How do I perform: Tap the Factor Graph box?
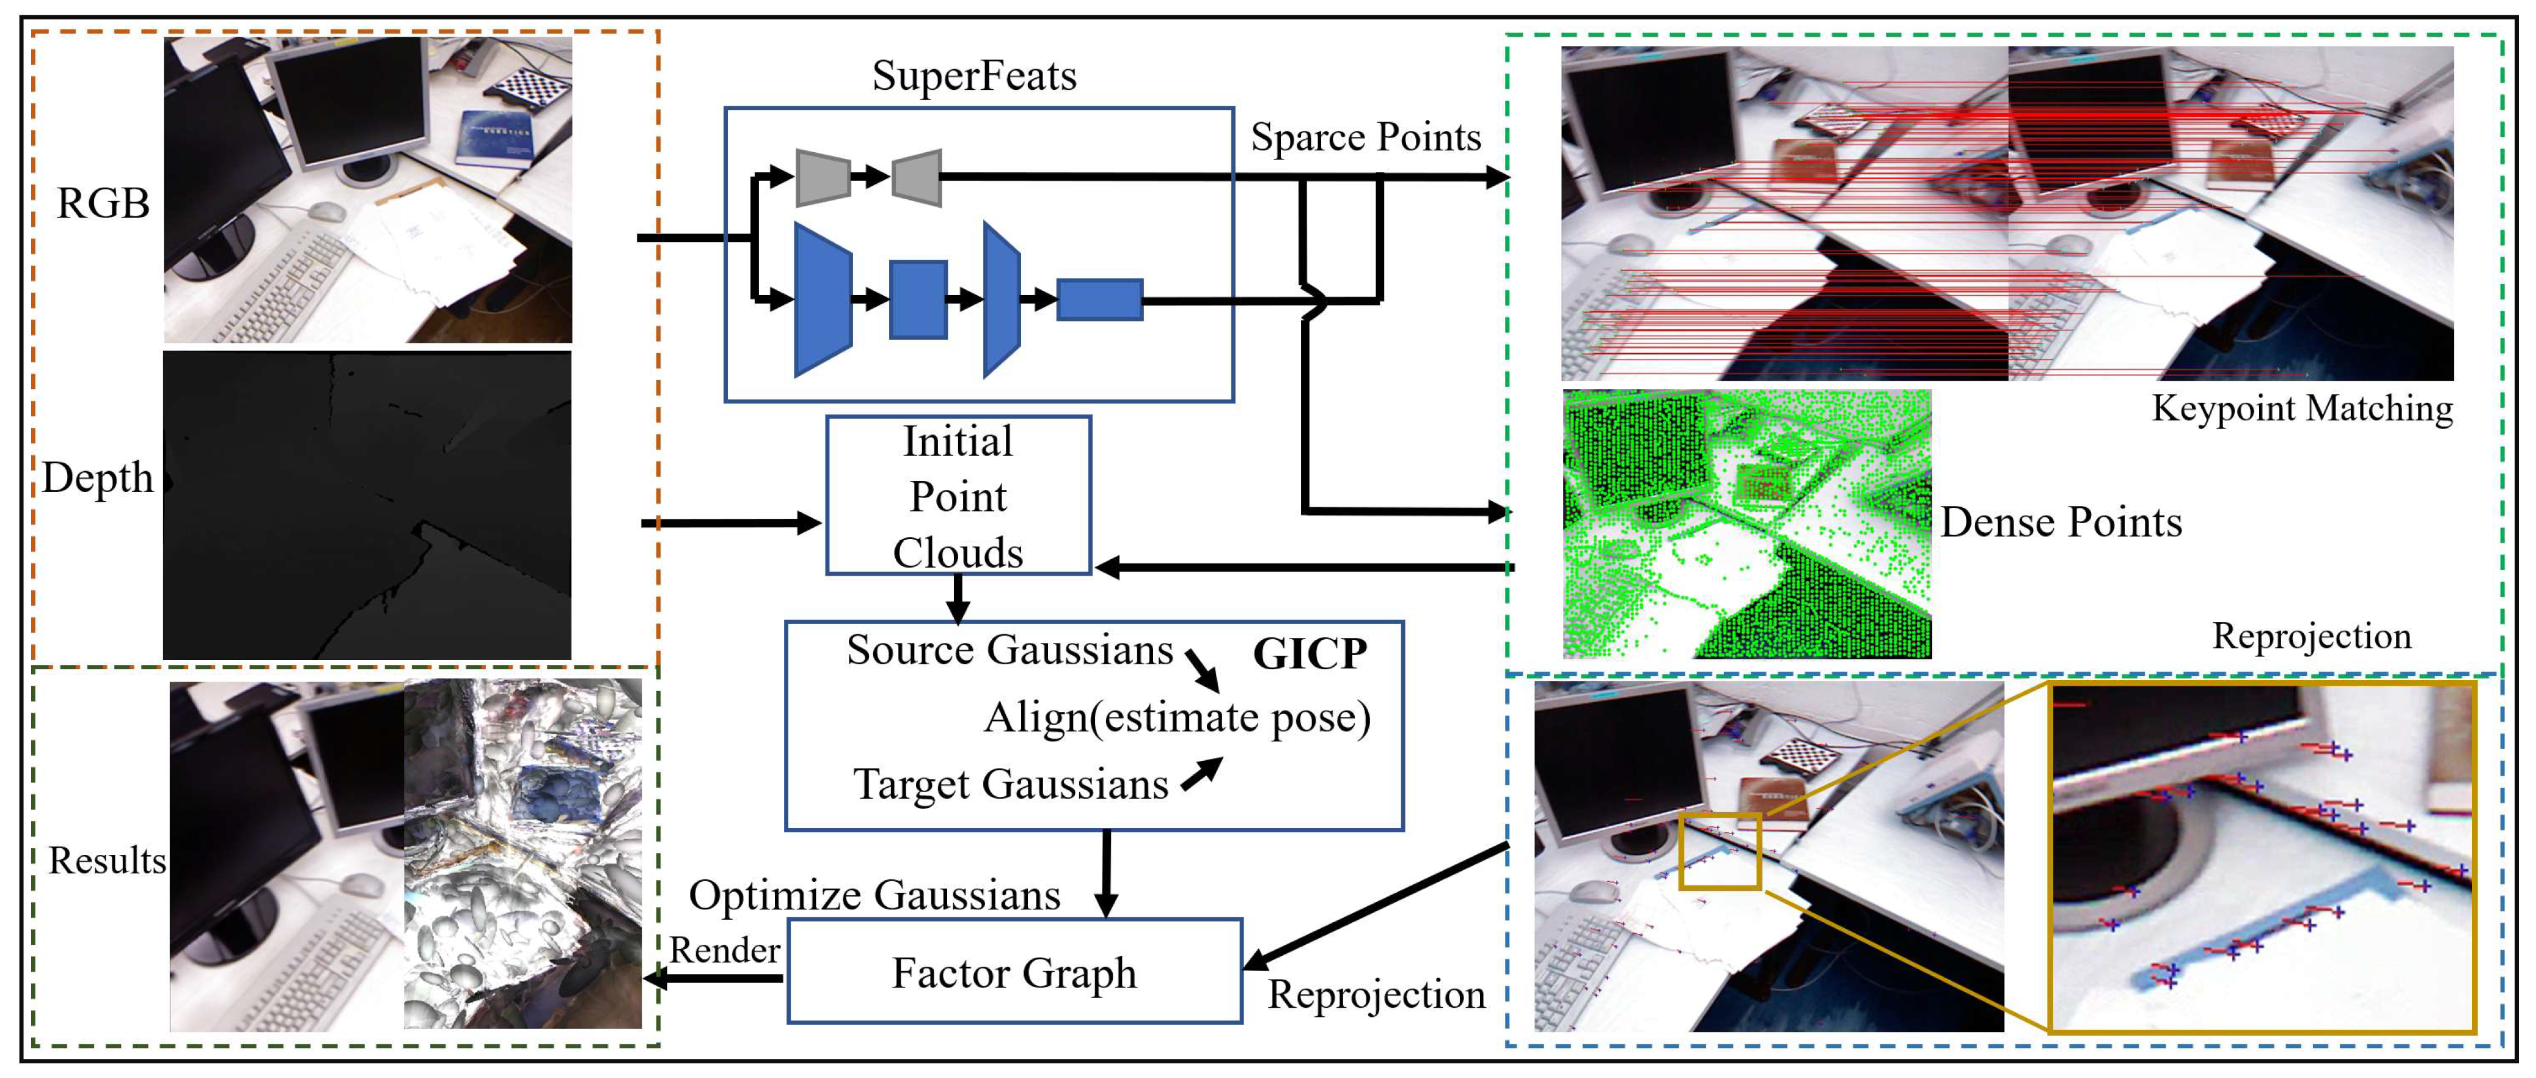[1014, 972]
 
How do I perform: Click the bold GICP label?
[1310, 654]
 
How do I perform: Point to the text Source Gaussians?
[1009, 650]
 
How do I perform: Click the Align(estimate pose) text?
[1176, 717]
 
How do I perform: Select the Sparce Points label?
[1365, 137]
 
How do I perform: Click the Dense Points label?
[2061, 522]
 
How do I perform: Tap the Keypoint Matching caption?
[2302, 408]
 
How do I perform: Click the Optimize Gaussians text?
[874, 895]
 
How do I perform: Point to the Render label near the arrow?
[725, 950]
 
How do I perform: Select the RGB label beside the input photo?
[103, 203]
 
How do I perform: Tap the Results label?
[106, 860]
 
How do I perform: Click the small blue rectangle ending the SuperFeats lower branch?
[1099, 299]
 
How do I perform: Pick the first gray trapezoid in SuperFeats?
[822, 177]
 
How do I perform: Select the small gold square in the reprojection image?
[1720, 851]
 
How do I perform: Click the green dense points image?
[1746, 524]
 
